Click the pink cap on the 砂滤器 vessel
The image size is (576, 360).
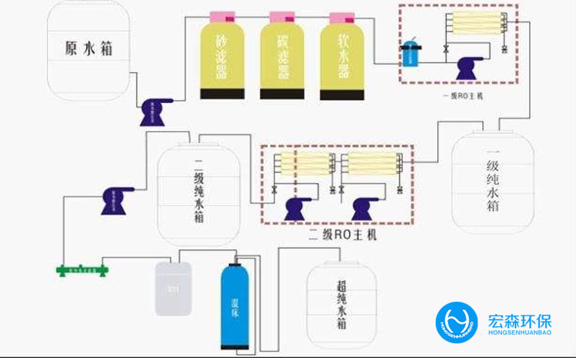[222, 16]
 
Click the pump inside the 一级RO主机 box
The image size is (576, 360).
[470, 69]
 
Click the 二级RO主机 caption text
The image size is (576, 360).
[342, 235]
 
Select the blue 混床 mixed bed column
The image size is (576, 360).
[235, 306]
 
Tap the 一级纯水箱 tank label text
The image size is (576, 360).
[492, 180]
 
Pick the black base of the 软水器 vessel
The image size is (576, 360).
[343, 94]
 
